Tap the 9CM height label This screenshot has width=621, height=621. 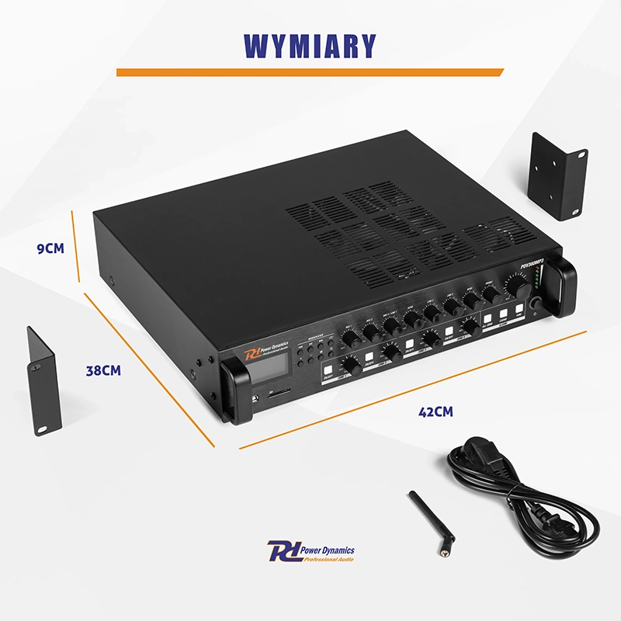(x=50, y=248)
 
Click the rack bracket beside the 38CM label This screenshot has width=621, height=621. (x=44, y=380)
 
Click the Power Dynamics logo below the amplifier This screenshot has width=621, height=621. (x=310, y=553)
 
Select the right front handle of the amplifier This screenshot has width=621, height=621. (x=565, y=287)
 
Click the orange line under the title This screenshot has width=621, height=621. (x=310, y=72)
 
